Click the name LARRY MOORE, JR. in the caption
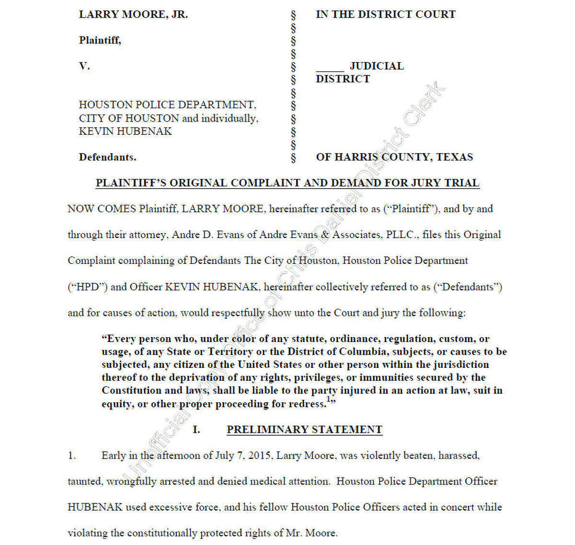pyautogui.click(x=133, y=14)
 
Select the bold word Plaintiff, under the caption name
pyautogui.click(x=100, y=40)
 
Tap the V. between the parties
pyautogui.click(x=84, y=66)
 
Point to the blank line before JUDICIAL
pyautogui.click(x=330, y=67)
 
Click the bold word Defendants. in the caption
pyautogui.click(x=107, y=157)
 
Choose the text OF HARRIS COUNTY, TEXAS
pyautogui.click(x=394, y=157)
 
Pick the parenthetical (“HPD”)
pyautogui.click(x=87, y=287)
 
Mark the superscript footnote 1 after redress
pyautogui.click(x=329, y=399)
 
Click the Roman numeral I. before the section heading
pyautogui.click(x=196, y=430)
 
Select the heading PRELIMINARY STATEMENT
pyautogui.click(x=304, y=430)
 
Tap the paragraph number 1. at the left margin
pyautogui.click(x=72, y=455)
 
